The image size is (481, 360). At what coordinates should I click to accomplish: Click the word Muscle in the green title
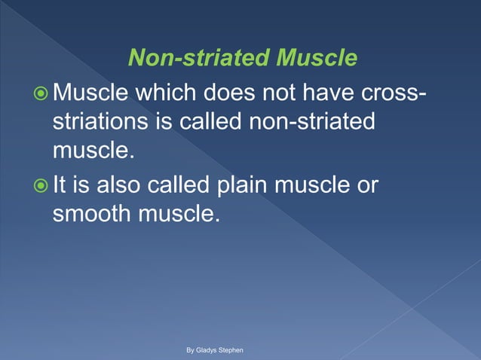point(317,58)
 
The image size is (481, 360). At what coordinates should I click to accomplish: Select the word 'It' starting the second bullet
point(60,185)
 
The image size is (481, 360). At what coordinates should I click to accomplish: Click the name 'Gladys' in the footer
point(208,351)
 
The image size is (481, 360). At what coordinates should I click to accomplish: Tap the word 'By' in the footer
point(191,351)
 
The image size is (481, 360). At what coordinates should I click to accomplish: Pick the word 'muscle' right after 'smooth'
point(180,213)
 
